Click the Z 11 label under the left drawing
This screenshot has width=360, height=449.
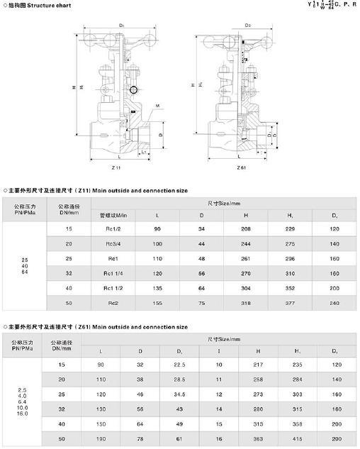click(117, 167)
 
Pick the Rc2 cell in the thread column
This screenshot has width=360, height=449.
click(112, 304)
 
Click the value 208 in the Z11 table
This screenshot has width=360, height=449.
click(245, 229)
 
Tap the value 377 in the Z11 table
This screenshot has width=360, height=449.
click(289, 304)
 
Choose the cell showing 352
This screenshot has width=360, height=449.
click(289, 289)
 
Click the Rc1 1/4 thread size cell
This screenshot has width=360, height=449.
click(112, 274)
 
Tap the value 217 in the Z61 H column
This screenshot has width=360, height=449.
click(258, 365)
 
